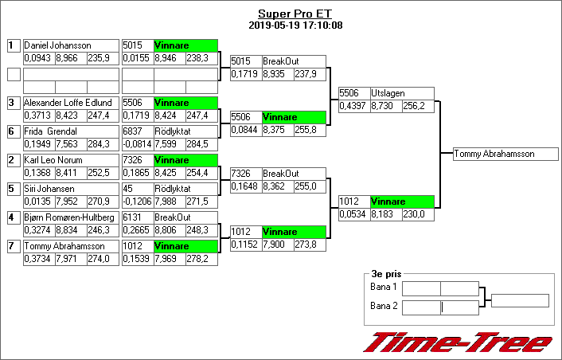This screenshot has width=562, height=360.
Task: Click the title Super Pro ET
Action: [295, 14]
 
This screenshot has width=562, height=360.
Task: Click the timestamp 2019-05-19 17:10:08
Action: [295, 25]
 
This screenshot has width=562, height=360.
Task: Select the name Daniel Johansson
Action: [57, 46]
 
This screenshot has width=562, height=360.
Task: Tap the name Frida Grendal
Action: [50, 131]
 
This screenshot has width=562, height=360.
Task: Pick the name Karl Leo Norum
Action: [53, 160]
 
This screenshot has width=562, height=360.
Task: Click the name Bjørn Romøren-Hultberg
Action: [69, 217]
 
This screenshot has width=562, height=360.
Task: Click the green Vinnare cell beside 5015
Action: [185, 46]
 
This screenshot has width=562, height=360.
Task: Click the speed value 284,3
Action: [102, 143]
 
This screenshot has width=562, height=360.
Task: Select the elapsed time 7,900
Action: [277, 244]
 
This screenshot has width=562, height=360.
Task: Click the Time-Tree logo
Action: [459, 342]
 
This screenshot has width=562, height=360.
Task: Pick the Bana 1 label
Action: [384, 287]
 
